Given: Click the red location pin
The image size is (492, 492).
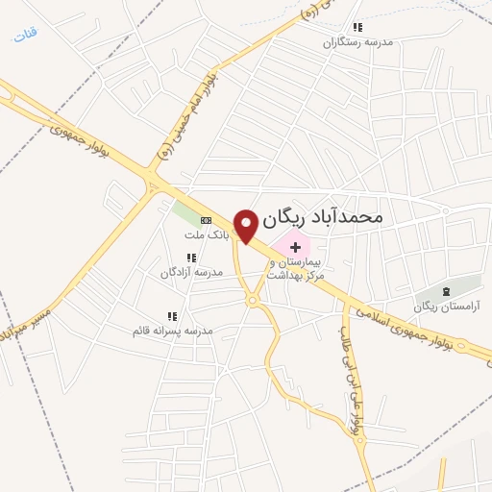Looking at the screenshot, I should (x=247, y=225).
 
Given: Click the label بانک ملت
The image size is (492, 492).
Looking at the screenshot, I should (x=206, y=234).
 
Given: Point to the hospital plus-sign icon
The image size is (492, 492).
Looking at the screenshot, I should (x=294, y=247).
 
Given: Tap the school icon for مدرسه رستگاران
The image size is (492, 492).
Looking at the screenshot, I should (x=357, y=28).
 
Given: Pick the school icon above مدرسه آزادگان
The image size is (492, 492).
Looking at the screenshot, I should (x=191, y=258).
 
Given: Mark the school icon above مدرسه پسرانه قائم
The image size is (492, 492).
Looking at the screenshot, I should (x=172, y=316).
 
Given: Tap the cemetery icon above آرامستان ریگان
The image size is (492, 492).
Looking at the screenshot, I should (x=445, y=291).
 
